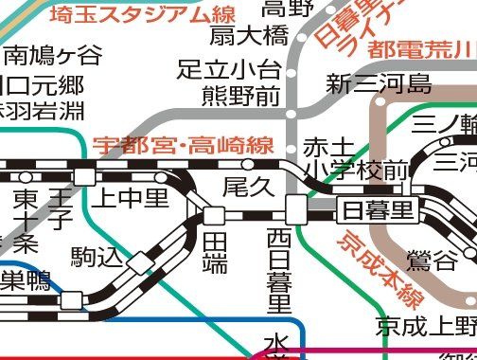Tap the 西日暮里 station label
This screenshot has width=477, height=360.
279,270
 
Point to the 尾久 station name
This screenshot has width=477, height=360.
247,187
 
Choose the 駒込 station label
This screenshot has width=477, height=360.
96,256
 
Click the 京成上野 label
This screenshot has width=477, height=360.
425,327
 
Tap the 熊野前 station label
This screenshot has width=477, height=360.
241,95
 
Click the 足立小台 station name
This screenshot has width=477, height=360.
229,69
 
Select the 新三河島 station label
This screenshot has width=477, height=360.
379,84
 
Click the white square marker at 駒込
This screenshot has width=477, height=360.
140,261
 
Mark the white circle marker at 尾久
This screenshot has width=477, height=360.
249,164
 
